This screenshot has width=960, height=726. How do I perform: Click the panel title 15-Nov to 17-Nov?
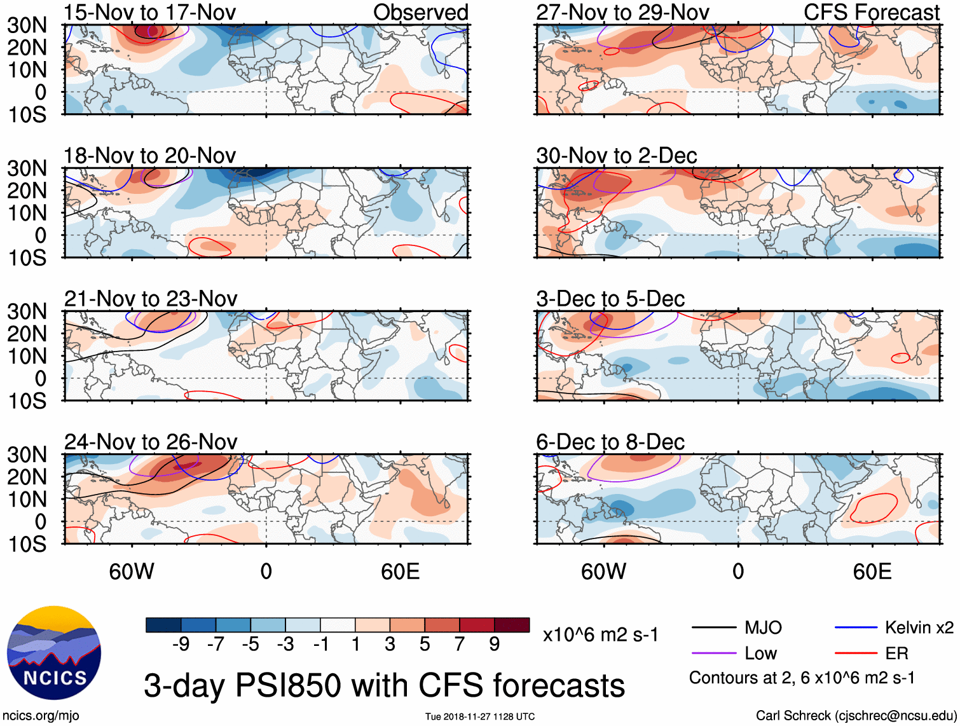[150, 12]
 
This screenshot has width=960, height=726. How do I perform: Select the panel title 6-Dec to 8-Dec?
[610, 442]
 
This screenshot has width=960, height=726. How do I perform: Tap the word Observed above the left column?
[421, 12]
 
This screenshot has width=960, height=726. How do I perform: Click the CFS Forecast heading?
[872, 12]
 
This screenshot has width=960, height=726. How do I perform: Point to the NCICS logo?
[54, 653]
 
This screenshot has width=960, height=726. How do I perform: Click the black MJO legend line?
[714, 628]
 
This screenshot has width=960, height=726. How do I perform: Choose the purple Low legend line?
[714, 654]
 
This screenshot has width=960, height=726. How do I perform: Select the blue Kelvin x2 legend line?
[856, 628]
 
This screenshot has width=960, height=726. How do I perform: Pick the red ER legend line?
[856, 654]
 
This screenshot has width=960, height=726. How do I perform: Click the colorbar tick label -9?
[181, 645]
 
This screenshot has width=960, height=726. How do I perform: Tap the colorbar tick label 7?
[460, 645]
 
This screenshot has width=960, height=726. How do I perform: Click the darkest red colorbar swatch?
[512, 625]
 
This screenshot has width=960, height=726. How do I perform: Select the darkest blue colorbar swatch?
[163, 625]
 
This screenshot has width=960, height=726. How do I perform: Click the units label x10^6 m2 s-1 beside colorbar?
[601, 634]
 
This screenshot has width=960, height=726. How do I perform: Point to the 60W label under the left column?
[132, 572]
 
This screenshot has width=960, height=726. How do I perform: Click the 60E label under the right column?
[872, 572]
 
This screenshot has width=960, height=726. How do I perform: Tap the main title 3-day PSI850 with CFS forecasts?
[385, 686]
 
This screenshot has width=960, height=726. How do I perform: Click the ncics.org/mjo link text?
[41, 716]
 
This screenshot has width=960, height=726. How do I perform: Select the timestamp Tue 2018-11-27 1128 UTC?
[480, 716]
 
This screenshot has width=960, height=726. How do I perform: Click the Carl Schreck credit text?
[856, 716]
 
